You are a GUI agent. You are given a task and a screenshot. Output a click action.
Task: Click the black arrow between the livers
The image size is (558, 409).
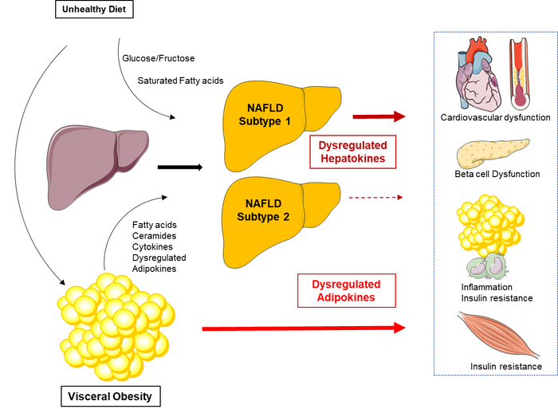click(x=179, y=167)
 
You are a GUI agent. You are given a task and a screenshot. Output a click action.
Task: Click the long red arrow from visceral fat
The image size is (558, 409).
click(x=303, y=327)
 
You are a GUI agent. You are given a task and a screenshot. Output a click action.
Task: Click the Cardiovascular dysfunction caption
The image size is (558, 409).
click(x=495, y=117)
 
